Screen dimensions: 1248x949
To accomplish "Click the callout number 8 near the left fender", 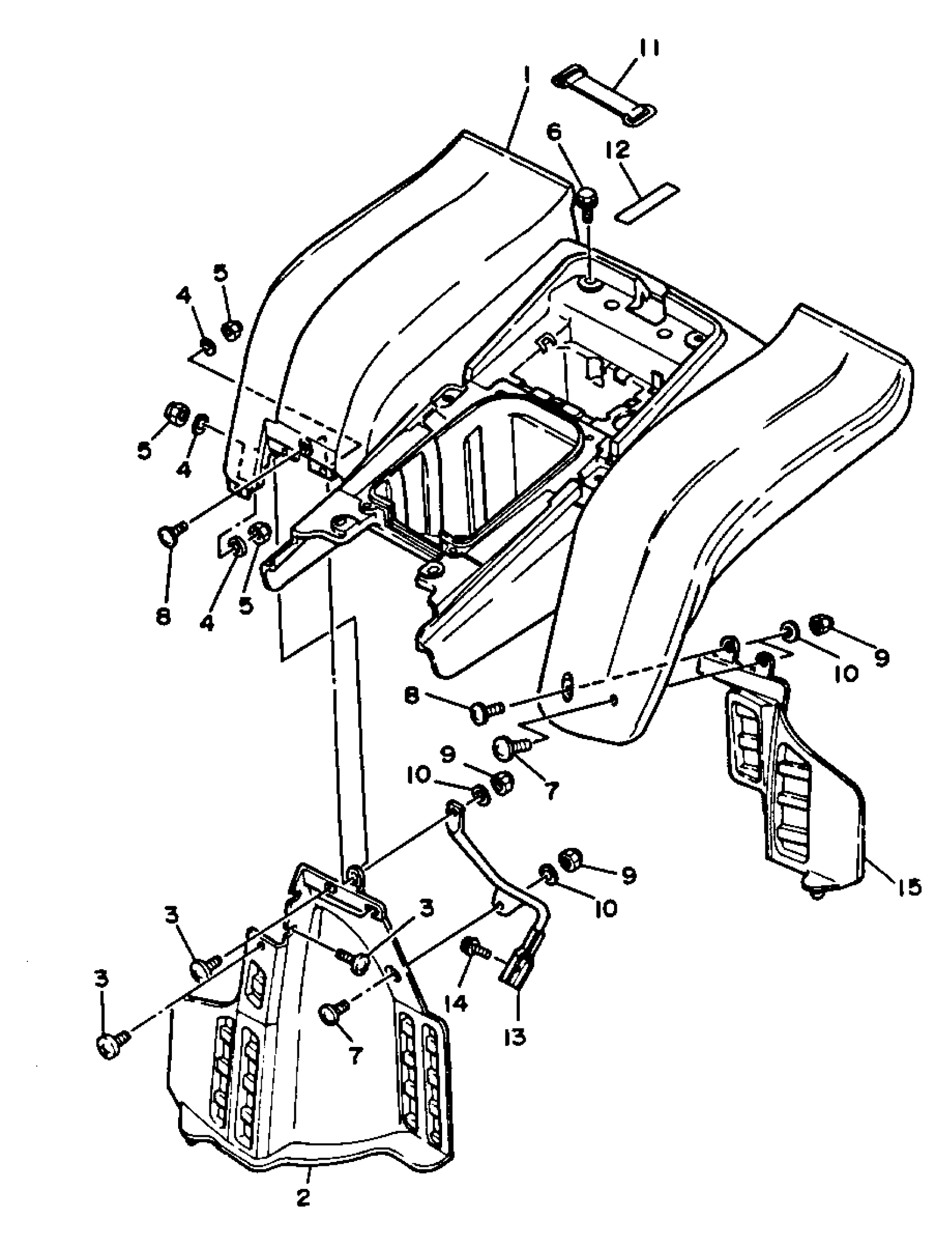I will pyautogui.click(x=162, y=616).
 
